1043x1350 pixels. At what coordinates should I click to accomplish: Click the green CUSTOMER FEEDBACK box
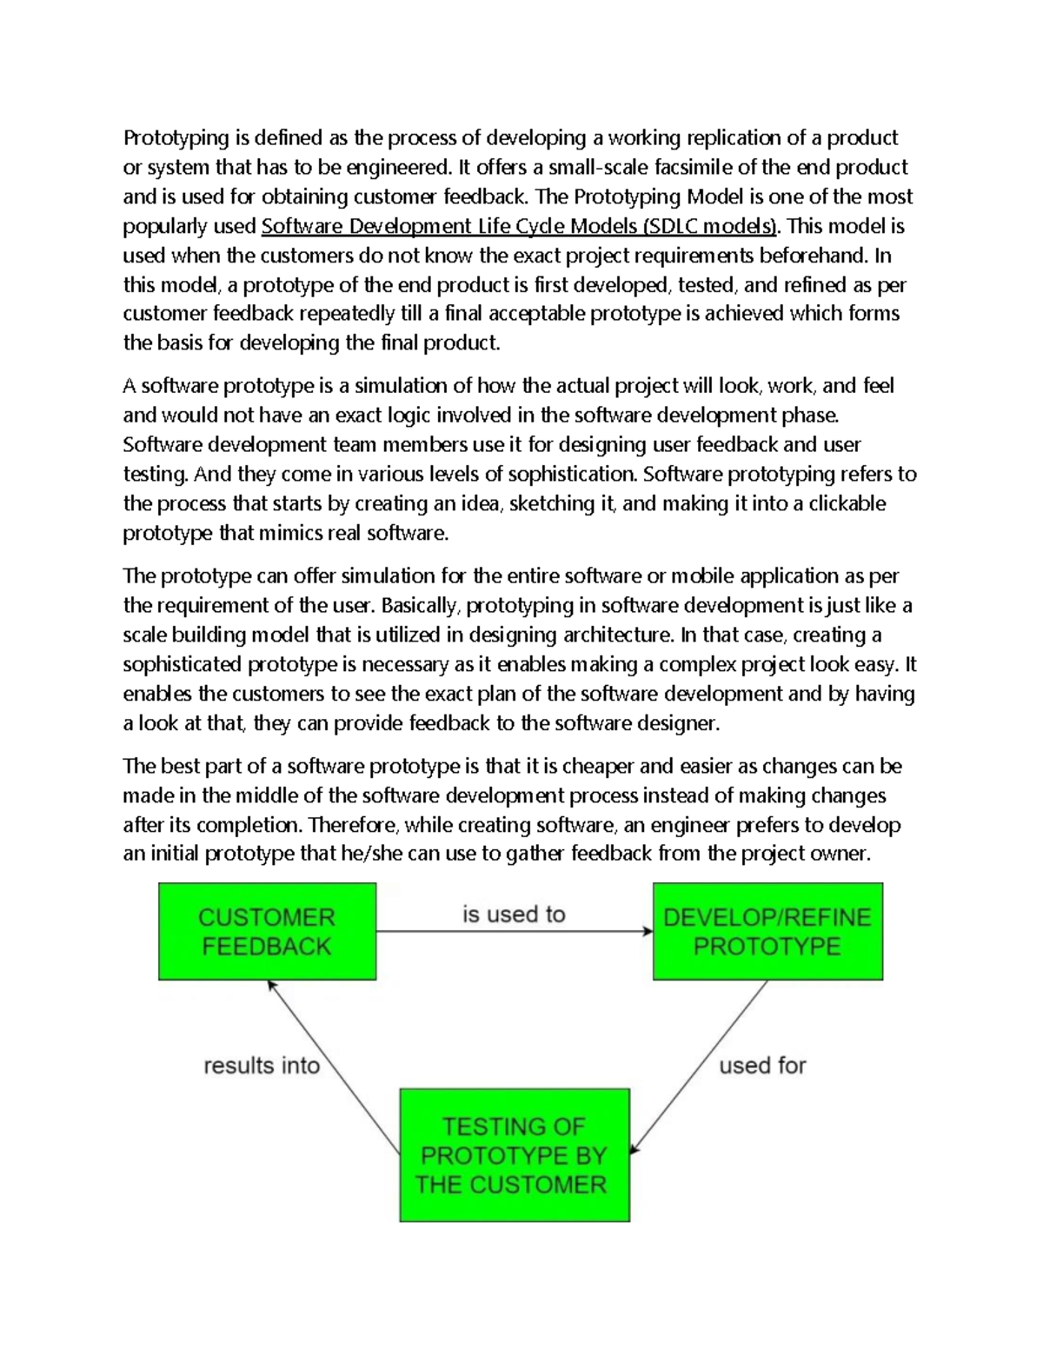pyautogui.click(x=267, y=931)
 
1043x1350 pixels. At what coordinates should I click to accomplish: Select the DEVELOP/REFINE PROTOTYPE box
pyautogui.click(x=767, y=931)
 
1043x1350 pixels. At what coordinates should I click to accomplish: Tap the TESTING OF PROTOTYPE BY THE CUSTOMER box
pyautogui.click(x=514, y=1154)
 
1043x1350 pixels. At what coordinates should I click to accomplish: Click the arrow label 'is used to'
pyautogui.click(x=514, y=914)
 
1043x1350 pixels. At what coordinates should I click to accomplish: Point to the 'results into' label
pyautogui.click(x=262, y=1065)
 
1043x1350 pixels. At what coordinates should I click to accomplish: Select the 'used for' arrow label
pyautogui.click(x=762, y=1065)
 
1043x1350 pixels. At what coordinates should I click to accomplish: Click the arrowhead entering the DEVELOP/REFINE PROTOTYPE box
pyautogui.click(x=648, y=931)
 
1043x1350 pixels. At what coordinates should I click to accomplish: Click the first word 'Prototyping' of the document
pyautogui.click(x=176, y=138)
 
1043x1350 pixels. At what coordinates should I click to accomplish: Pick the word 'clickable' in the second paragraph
pyautogui.click(x=847, y=503)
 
